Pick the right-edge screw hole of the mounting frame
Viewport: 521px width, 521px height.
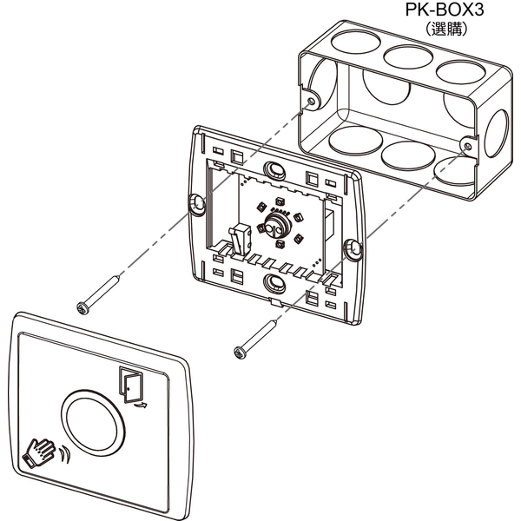[x=353, y=251]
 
